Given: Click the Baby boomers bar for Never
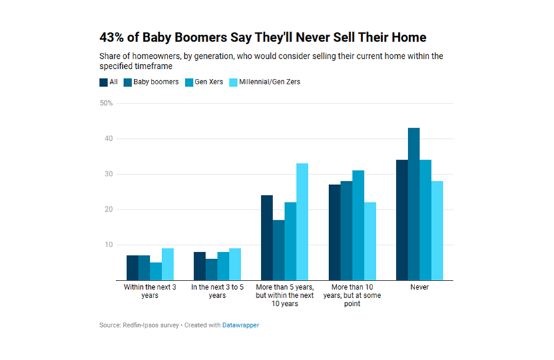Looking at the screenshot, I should pos(414,204).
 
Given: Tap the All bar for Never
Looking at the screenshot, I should pos(402,220).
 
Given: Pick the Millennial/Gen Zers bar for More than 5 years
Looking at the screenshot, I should pos(302,222).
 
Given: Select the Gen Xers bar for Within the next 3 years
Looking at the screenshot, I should pos(156,271).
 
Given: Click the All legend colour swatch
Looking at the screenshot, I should pos(104,82).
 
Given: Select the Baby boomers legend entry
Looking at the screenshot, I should pos(150,82).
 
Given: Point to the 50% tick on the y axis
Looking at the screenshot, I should pos(107,104).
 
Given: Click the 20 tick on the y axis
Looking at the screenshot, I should pos(109,210).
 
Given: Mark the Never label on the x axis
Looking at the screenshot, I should pos(420,287).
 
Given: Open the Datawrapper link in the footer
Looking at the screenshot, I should pos(240,325).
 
